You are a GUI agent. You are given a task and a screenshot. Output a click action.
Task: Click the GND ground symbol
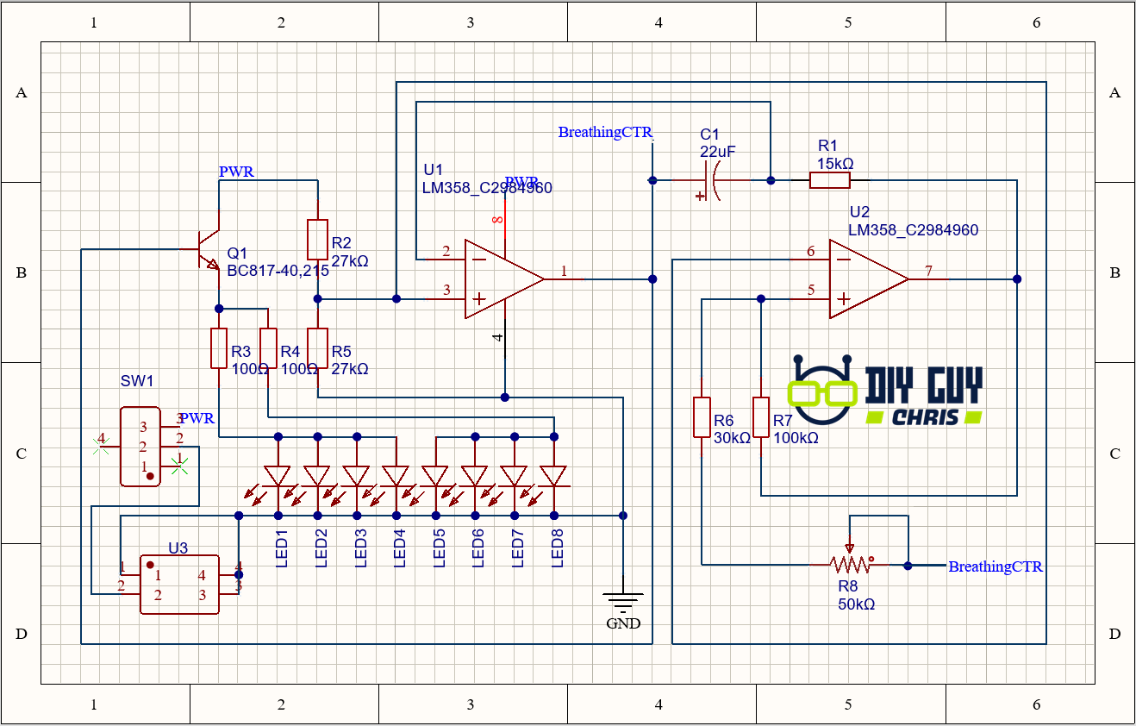622,601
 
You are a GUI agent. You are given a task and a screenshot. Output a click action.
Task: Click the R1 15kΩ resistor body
829,180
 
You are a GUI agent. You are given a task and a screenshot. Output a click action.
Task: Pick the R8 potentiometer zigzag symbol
850,565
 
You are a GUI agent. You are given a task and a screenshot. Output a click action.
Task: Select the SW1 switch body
140,447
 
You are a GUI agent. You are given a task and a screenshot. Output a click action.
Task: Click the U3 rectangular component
179,585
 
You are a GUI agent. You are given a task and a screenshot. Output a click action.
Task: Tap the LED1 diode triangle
278,475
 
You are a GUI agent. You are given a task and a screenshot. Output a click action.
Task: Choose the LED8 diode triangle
553,475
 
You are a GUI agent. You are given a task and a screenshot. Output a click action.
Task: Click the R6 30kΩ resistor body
702,417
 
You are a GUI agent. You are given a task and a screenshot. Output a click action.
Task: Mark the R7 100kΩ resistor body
761,417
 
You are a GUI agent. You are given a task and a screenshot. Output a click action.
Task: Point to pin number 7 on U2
928,272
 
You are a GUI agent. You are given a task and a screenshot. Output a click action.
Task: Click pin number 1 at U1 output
565,272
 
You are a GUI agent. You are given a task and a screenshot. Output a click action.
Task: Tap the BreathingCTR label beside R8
995,566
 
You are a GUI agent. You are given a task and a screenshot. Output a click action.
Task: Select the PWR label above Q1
236,172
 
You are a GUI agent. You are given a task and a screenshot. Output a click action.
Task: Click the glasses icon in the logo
822,392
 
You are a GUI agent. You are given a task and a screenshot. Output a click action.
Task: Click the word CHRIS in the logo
925,417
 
